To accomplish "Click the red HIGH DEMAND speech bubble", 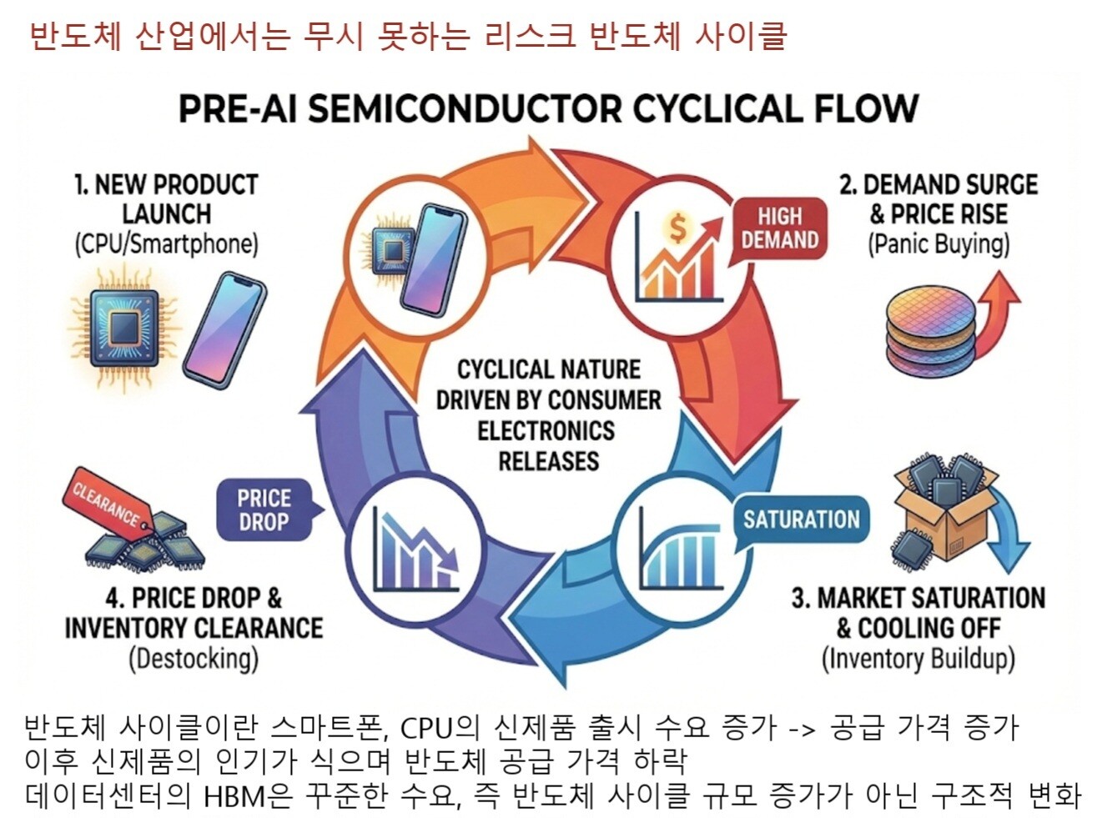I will click(x=779, y=228).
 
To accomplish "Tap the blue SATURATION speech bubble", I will click(x=801, y=519).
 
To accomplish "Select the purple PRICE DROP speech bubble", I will click(x=264, y=509).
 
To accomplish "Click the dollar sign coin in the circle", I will click(x=677, y=228).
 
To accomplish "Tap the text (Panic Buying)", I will click(x=938, y=244).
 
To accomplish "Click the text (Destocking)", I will click(x=194, y=659).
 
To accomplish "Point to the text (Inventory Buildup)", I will click(x=918, y=659).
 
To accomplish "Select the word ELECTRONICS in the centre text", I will click(x=546, y=430).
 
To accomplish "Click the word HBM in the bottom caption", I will click(x=236, y=795).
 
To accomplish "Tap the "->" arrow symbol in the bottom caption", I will click(x=802, y=728).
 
